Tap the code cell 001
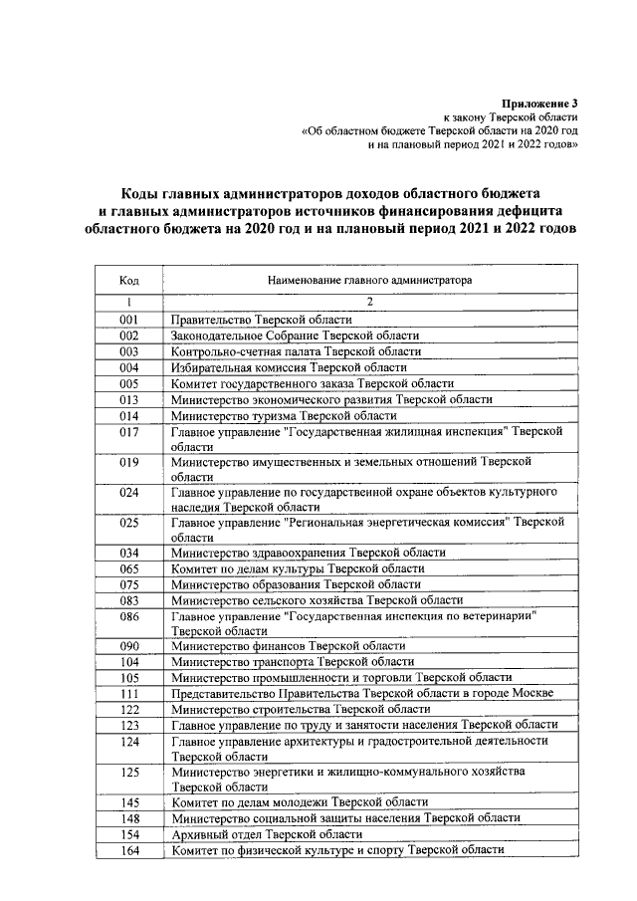[128, 320]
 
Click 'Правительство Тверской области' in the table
[262, 320]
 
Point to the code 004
[128, 367]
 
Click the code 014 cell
[128, 415]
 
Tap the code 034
[128, 552]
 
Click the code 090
[128, 646]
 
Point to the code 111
[128, 693]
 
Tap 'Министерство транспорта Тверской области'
[293, 661]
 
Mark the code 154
[128, 834]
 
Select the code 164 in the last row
[128, 850]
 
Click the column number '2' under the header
[369, 301]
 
